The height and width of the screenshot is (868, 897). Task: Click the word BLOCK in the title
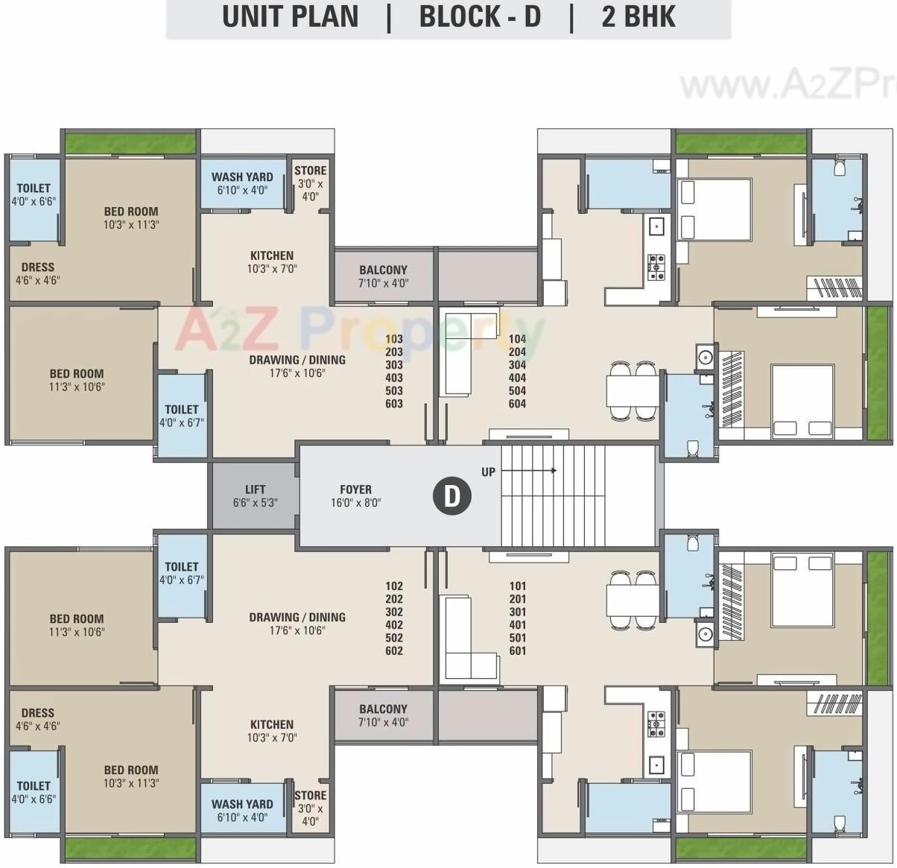coord(459,16)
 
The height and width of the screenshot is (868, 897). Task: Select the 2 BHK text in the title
coord(638,16)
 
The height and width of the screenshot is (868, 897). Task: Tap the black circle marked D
coord(452,495)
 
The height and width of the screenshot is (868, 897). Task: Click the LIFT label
coord(255,490)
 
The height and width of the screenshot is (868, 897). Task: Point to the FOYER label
coord(355,490)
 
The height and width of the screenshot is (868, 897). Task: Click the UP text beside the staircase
coord(488,472)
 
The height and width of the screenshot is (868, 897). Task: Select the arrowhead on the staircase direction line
coord(554,471)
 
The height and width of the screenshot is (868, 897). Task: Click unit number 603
coord(393,404)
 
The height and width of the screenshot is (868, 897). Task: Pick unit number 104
coord(517,339)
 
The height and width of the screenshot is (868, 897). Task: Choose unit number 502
coord(393,638)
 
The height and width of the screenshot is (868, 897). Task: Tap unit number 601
coord(517,650)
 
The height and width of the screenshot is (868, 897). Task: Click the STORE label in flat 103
coord(310,171)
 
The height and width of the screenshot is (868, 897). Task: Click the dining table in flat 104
coord(633,390)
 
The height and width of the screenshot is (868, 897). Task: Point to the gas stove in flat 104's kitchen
coord(656,266)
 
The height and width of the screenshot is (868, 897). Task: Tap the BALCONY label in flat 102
coord(383,709)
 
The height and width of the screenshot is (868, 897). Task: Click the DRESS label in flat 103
coord(37,267)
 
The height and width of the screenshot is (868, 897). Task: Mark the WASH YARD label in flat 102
coord(242,804)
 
